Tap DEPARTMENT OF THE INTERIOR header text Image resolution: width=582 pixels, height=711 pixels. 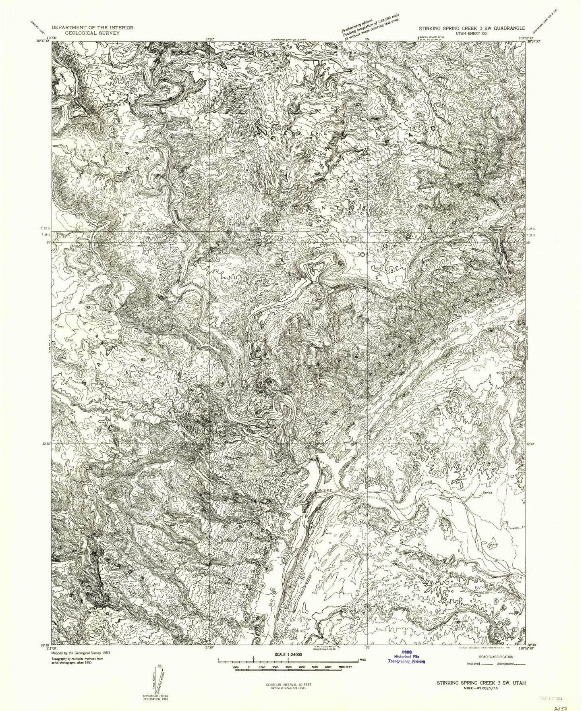(93, 28)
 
